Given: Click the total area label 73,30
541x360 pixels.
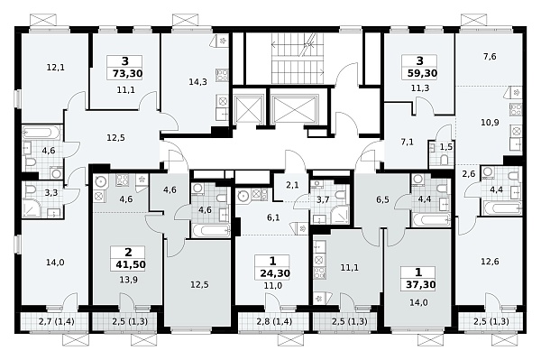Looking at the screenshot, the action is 128,73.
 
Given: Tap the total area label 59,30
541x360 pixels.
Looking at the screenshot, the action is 422,73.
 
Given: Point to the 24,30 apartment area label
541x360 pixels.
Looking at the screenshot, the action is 275,273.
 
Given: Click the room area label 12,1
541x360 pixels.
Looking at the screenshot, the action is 56,68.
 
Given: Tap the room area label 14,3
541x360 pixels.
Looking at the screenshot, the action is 198,82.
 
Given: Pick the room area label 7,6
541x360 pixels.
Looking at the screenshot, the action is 490,56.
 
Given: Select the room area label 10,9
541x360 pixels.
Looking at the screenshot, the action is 490,122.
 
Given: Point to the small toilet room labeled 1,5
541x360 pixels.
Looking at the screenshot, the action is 446,147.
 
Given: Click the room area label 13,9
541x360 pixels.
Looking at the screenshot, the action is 127,280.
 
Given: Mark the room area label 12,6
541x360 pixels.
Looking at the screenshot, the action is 490,262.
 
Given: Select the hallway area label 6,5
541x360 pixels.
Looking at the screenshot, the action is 382,200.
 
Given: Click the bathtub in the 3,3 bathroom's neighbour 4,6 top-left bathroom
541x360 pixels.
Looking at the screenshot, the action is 41,133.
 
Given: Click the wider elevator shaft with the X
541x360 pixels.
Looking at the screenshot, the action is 294,108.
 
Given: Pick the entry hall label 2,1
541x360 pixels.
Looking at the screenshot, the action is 292,185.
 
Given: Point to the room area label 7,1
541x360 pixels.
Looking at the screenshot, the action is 408,142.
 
